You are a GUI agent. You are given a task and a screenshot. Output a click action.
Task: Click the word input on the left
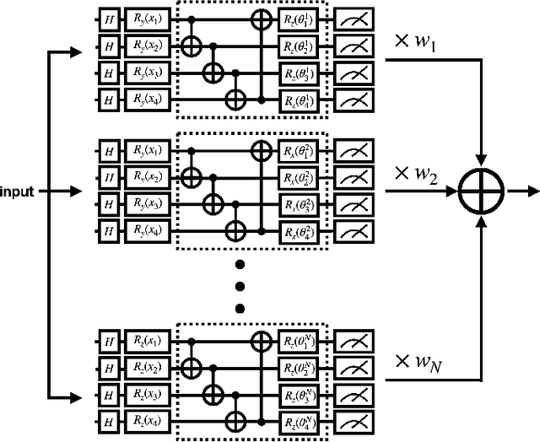(x=18, y=191)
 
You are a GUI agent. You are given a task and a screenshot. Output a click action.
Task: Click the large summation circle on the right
(x=481, y=191)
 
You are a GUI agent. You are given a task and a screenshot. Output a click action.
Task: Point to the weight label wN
(x=413, y=363)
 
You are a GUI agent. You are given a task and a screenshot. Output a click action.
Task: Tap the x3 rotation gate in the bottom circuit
(x=148, y=395)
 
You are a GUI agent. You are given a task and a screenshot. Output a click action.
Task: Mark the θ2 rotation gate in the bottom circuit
(x=300, y=368)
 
